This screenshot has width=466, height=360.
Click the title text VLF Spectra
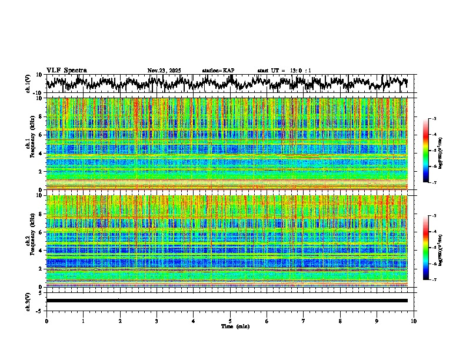66,71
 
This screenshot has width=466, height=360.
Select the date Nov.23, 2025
165,71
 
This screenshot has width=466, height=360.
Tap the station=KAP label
218,71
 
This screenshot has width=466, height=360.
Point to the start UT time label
284,71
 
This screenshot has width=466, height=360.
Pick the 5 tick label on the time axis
230,321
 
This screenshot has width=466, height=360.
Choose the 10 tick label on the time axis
414,321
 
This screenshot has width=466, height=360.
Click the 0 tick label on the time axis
46,321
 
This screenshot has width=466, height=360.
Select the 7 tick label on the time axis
304,321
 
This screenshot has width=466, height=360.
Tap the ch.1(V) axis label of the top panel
29,84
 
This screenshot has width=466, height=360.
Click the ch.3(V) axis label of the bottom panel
29,301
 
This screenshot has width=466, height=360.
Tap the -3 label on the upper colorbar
434,119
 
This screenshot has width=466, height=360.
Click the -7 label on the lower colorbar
434,280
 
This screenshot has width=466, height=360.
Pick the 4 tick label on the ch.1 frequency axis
41,154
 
